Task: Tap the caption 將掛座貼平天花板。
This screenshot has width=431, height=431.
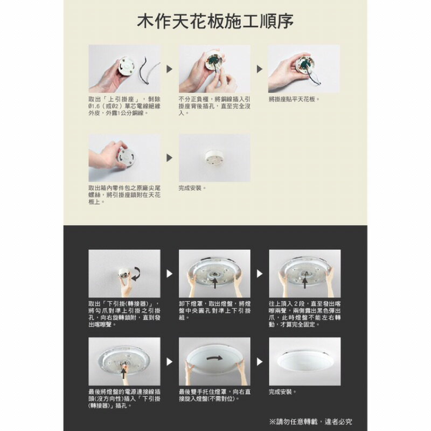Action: pos(294,100)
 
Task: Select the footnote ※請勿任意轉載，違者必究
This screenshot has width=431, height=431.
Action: pos(311,421)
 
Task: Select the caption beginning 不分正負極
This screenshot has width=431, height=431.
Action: pos(214,107)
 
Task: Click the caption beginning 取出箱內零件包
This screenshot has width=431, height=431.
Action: pos(124,194)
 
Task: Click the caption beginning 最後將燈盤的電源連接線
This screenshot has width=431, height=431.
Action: pos(124,398)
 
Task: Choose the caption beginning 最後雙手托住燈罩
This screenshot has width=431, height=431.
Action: pos(214,395)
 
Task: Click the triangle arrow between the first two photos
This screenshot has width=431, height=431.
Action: pos(170,69)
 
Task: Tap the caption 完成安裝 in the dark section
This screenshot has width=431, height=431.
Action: pos(283,392)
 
